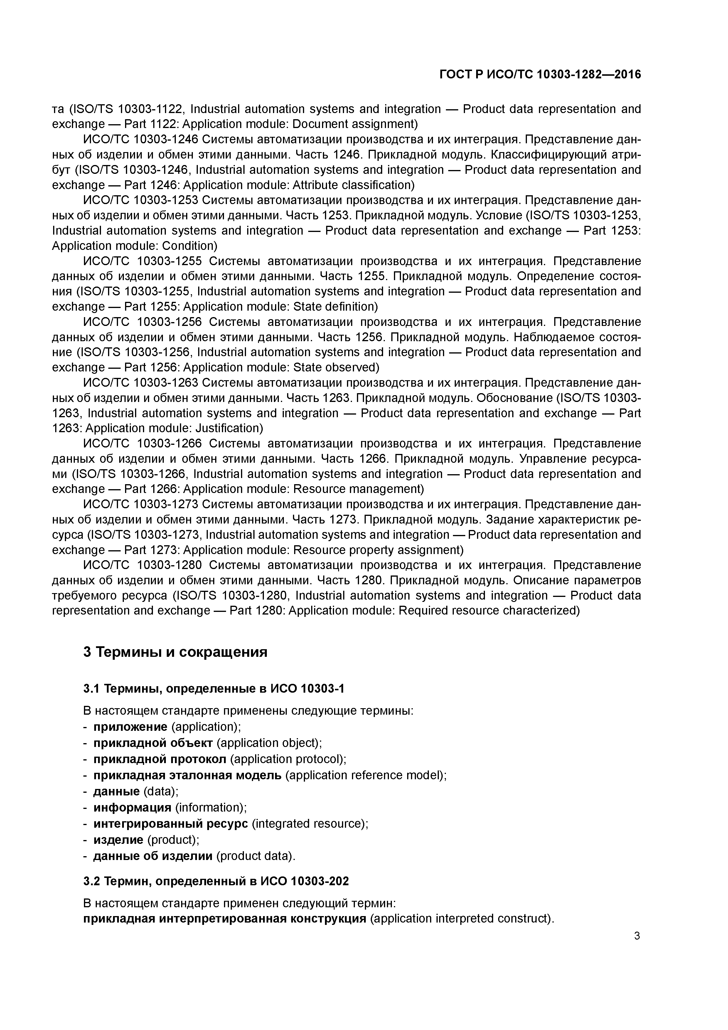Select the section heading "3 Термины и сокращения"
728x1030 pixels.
[x=175, y=652]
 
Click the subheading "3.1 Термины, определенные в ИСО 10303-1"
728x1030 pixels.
[x=213, y=688]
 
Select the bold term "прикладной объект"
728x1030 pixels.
[x=153, y=743]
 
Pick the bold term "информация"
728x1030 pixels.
[x=132, y=807]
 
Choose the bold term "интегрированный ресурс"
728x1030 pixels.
[x=171, y=824]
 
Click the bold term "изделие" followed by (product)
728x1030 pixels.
[x=118, y=840]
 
